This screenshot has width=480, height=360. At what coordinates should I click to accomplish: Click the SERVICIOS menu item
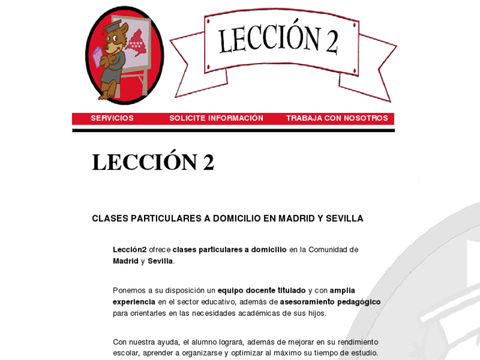click(x=112, y=118)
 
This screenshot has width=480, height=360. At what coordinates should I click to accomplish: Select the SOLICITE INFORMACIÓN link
click(x=216, y=118)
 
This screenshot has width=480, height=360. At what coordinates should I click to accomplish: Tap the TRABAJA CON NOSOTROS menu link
click(x=337, y=118)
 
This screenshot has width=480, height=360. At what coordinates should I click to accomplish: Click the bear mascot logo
click(x=124, y=55)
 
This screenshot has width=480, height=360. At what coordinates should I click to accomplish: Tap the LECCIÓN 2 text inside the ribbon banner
click(x=279, y=40)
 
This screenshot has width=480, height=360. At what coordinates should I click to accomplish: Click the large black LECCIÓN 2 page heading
click(x=153, y=162)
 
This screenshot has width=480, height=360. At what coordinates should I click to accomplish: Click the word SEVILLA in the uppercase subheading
click(x=345, y=219)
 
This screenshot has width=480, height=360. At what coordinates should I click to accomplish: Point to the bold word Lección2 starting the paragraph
click(x=129, y=250)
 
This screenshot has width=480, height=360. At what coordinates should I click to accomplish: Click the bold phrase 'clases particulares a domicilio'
click(x=229, y=250)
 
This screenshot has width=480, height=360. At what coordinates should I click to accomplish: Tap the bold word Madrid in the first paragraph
click(x=125, y=261)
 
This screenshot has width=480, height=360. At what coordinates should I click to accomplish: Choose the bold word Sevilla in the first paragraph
click(x=160, y=261)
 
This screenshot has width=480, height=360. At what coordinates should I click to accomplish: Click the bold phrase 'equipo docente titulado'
click(x=261, y=291)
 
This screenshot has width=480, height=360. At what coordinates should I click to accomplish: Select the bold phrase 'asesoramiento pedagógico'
click(x=330, y=302)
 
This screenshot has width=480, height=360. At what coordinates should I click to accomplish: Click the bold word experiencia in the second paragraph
click(x=134, y=302)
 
